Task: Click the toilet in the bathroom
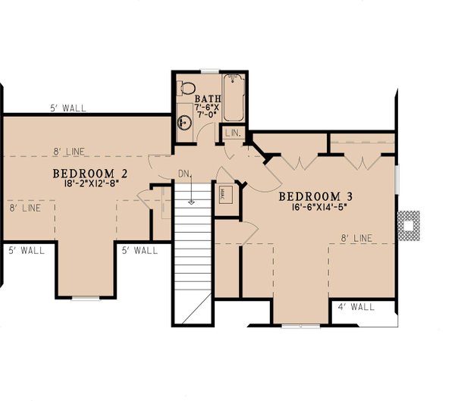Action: [185, 89]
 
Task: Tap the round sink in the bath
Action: [184, 122]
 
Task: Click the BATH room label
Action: [207, 99]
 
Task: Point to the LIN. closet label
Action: [234, 133]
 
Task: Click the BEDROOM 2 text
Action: [90, 173]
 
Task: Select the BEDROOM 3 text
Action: [315, 196]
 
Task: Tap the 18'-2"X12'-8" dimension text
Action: [89, 183]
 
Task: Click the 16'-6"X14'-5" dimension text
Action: [315, 206]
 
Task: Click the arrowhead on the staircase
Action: [193, 201]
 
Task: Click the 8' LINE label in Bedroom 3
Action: [356, 238]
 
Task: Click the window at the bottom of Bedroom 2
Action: [85, 297]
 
